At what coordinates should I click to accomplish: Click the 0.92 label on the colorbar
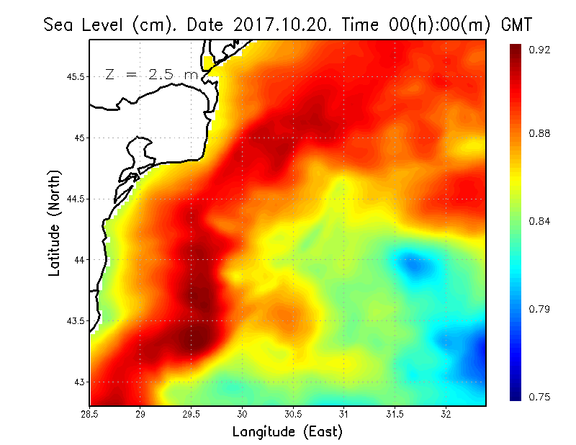pyautogui.click(x=539, y=50)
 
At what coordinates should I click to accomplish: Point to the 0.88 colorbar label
pyautogui.click(x=539, y=133)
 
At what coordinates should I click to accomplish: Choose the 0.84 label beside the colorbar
pyautogui.click(x=539, y=221)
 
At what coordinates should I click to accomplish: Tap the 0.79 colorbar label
pyautogui.click(x=539, y=309)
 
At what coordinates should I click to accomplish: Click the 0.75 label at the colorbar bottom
pyautogui.click(x=539, y=397)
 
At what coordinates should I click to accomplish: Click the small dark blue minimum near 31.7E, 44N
pyautogui.click(x=415, y=267)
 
